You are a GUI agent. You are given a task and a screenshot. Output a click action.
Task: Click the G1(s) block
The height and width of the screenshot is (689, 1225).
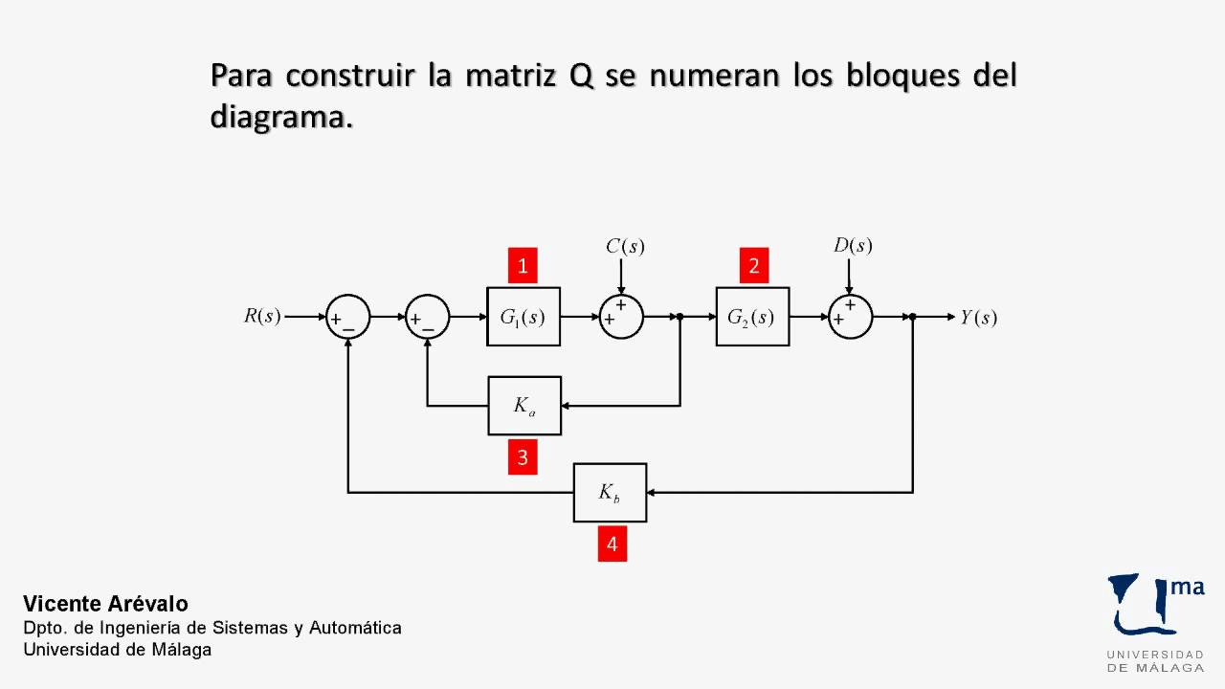(523, 317)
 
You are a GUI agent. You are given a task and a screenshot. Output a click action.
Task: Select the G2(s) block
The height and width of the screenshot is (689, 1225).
(752, 317)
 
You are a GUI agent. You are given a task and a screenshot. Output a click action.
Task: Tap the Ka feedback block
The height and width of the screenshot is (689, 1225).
(524, 406)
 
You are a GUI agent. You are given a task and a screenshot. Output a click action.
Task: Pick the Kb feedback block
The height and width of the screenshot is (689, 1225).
(610, 493)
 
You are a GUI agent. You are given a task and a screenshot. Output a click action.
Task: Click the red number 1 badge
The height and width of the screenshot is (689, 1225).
(523, 266)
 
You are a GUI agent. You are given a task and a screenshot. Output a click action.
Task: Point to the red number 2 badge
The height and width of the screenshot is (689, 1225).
(753, 266)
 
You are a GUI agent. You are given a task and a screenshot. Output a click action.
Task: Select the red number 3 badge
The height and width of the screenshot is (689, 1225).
(523, 457)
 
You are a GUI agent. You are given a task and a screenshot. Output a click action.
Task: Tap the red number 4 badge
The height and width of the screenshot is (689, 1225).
(612, 545)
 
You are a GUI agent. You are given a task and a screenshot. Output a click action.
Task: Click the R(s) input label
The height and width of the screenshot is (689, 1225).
(262, 317)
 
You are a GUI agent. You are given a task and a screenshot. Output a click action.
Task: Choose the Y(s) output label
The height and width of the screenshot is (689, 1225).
(978, 318)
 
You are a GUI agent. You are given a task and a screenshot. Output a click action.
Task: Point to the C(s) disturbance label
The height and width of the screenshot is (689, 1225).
(625, 246)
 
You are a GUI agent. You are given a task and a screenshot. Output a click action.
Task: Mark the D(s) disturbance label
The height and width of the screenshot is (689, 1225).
(853, 245)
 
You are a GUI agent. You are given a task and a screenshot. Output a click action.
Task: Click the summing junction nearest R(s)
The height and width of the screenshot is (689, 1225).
(348, 317)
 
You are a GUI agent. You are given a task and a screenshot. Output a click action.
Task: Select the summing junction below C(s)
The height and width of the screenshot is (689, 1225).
(621, 317)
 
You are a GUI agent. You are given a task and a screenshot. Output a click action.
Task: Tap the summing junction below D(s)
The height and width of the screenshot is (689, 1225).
(850, 317)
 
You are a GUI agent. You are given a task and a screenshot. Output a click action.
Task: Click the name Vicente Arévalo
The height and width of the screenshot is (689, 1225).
(105, 604)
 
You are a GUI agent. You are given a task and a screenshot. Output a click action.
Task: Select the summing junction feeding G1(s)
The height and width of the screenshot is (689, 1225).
(428, 317)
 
